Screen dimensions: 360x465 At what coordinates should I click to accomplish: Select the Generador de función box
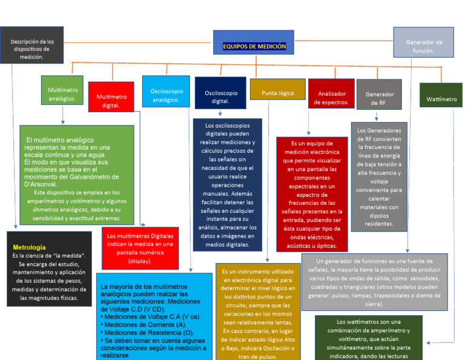[x=423, y=46]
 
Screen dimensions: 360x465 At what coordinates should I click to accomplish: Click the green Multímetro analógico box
[x=62, y=94]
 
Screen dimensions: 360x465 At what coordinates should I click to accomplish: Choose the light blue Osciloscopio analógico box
[x=165, y=95]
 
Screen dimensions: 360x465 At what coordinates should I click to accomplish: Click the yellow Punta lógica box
[x=278, y=93]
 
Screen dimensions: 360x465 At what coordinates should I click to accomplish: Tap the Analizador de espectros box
[x=331, y=98]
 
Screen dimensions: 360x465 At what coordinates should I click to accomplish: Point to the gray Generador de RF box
[x=380, y=98]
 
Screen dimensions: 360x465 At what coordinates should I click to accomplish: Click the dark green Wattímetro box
[x=441, y=99]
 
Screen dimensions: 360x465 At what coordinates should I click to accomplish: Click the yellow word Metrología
[x=29, y=247]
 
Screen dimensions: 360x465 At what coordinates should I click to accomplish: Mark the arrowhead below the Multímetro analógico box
[x=62, y=122]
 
